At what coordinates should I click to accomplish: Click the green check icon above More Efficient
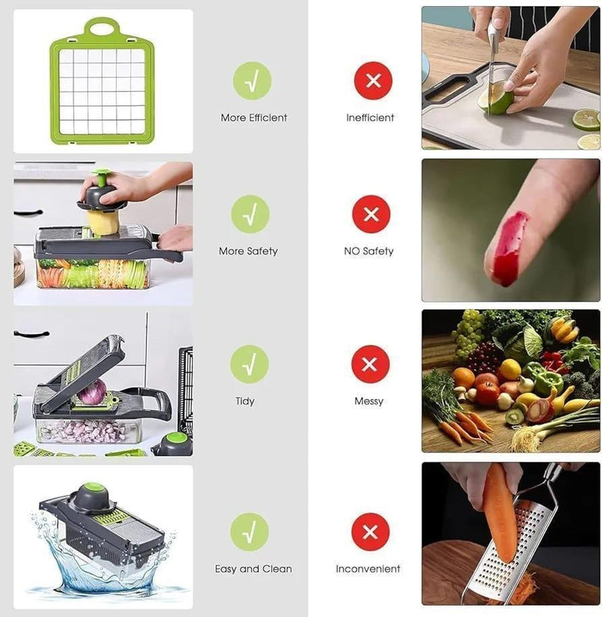pos(251,81)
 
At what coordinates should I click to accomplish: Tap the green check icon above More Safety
pos(250,214)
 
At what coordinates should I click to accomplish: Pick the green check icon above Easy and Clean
pos(250,532)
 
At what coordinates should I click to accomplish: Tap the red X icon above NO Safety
pos(371,214)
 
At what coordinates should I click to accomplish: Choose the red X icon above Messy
pos(369,364)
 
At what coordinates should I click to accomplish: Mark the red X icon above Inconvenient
pos(369,532)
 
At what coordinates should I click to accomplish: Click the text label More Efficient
pos(254,118)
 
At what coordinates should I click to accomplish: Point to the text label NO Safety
pos(369,251)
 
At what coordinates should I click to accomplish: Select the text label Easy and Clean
pos(254,569)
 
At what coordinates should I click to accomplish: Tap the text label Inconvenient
pos(368,569)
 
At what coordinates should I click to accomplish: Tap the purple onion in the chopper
pos(93,392)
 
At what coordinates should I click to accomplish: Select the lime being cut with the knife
pos(497,99)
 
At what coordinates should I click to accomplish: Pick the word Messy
pos(369,402)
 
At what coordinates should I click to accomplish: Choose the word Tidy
pos(245,402)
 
